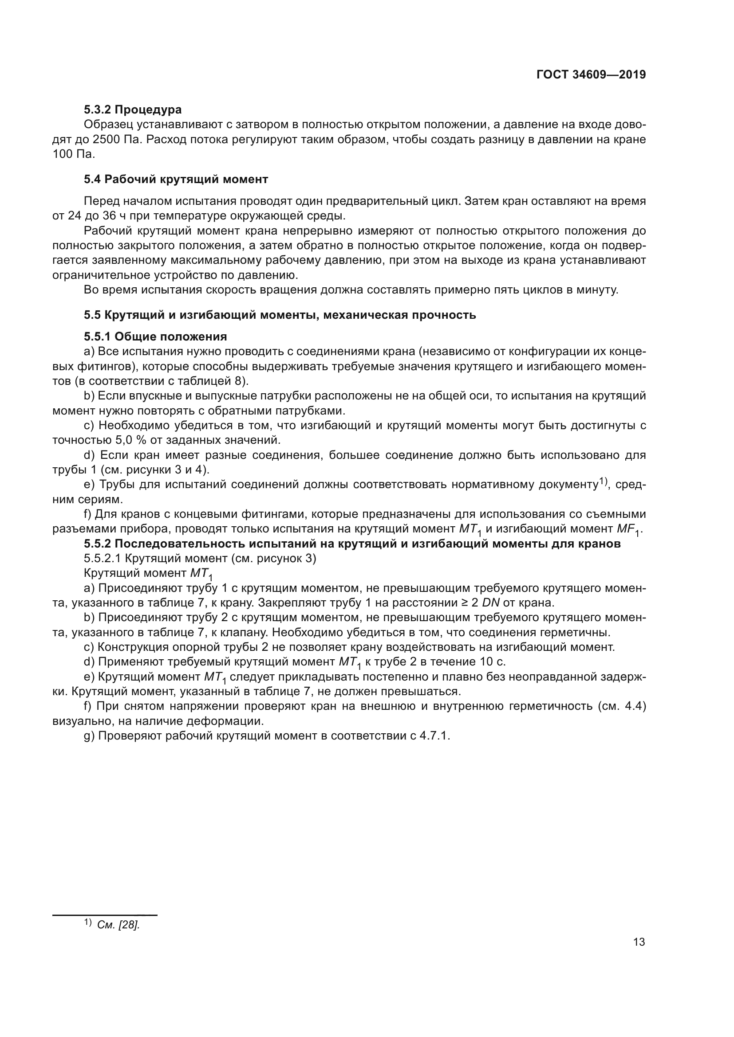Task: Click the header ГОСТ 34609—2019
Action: click(591, 74)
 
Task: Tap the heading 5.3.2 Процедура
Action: click(132, 110)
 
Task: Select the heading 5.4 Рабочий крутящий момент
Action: click(176, 179)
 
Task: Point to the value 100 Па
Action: click(74, 154)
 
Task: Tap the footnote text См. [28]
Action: click(118, 924)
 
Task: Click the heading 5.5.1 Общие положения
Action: click(155, 337)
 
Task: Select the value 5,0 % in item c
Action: click(133, 439)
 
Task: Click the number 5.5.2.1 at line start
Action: click(102, 559)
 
